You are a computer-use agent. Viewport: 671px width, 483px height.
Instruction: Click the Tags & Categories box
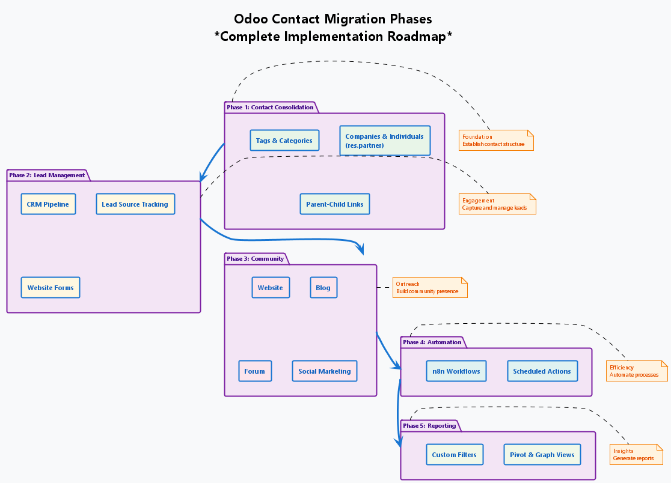(x=284, y=141)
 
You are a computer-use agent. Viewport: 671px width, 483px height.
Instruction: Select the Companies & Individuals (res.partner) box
(x=385, y=141)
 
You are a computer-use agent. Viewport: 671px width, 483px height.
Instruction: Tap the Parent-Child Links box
(x=334, y=204)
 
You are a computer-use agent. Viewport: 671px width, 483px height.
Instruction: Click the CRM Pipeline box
(x=48, y=204)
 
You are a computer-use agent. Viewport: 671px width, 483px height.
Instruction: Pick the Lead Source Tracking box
(x=135, y=204)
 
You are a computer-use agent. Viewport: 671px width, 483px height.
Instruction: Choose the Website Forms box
(x=51, y=288)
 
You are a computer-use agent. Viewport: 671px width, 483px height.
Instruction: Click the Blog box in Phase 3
(x=323, y=288)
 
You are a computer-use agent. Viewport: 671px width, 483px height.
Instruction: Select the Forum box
(x=255, y=371)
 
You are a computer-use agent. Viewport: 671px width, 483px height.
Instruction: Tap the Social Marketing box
(x=325, y=371)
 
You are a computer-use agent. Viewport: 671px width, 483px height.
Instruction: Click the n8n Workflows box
(x=456, y=371)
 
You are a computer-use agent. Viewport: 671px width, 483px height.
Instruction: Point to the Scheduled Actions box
(x=542, y=371)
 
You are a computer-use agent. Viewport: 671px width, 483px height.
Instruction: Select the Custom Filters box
(x=454, y=455)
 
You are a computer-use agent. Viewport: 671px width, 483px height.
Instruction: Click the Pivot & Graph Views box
(x=542, y=455)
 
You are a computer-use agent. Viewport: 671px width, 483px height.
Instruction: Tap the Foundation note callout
(x=496, y=140)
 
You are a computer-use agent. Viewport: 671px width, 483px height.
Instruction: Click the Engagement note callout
(x=497, y=204)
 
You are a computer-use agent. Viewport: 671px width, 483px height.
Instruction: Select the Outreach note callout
(x=430, y=288)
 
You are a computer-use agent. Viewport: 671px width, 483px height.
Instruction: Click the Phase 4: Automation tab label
(x=432, y=342)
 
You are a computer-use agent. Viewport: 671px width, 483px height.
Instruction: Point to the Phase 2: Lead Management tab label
(x=47, y=175)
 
